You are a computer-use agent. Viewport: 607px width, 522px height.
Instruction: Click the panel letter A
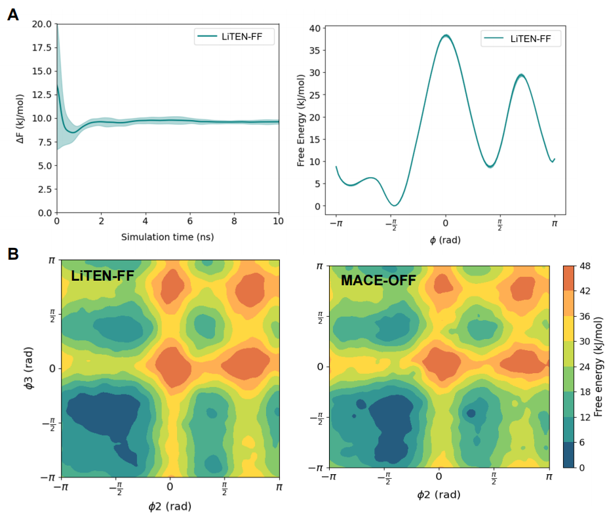pyautogui.click(x=13, y=15)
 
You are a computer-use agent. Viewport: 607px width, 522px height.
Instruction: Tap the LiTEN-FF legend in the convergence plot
pyautogui.click(x=234, y=37)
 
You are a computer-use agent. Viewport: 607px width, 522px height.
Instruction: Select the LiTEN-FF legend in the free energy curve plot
pyautogui.click(x=520, y=39)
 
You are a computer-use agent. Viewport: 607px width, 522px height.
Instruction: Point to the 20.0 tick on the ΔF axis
pyautogui.click(x=42, y=24)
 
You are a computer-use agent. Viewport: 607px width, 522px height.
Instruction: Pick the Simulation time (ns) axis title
pyautogui.click(x=168, y=237)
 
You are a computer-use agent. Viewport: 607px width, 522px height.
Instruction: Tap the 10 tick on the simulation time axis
pyautogui.click(x=279, y=222)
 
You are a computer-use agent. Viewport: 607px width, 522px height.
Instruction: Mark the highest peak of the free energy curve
pyautogui.click(x=446, y=35)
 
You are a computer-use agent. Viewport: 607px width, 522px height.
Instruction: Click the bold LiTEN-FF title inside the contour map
pyautogui.click(x=102, y=276)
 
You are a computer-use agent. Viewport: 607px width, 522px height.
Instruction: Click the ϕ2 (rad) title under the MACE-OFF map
pyautogui.click(x=439, y=495)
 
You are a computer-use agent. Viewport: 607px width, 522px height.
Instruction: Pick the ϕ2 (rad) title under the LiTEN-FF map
pyautogui.click(x=170, y=506)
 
